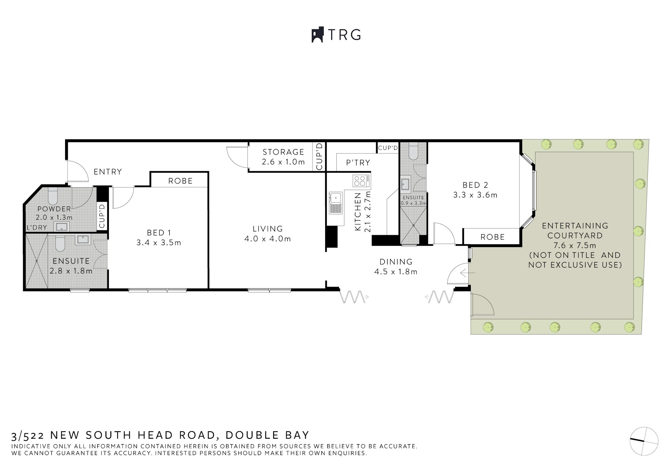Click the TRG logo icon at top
tap(317, 35)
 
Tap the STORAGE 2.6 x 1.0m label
tap(283, 156)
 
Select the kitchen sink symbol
tap(336, 203)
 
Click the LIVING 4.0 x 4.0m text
tap(267, 233)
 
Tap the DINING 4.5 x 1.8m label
tap(396, 266)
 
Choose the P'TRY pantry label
tap(358, 162)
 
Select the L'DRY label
tap(37, 228)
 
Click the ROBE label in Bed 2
tap(492, 237)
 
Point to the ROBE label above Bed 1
tap(180, 181)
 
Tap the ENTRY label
tap(107, 172)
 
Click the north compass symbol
tap(644, 441)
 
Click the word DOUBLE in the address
tap(251, 435)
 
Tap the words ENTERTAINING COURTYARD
tap(575, 231)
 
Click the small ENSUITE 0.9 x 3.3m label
tap(413, 200)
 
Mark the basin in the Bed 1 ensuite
tap(83, 240)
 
